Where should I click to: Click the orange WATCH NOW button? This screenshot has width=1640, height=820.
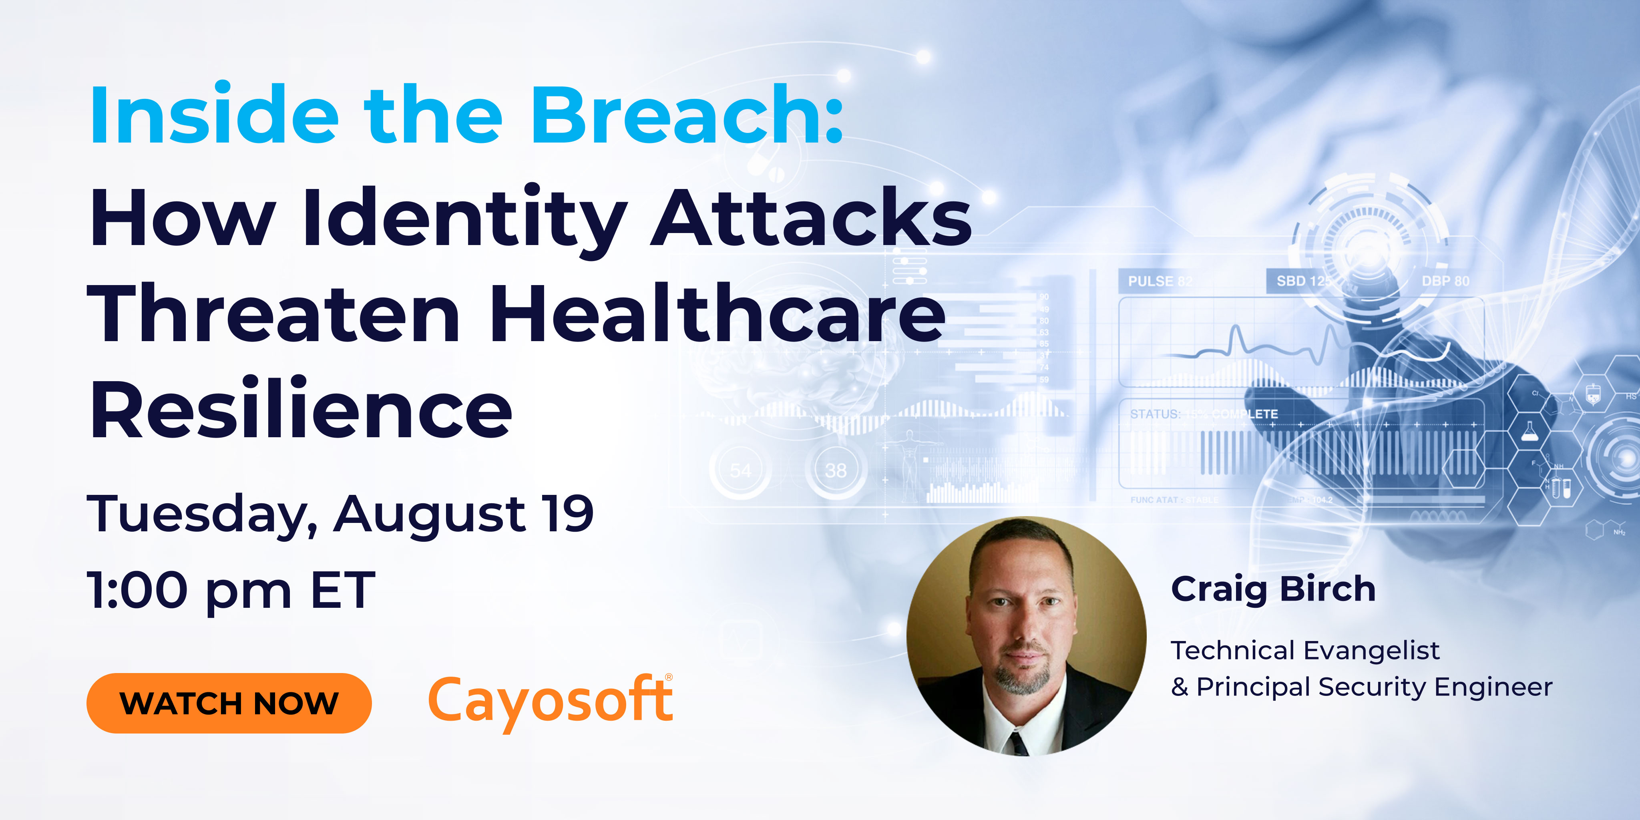[x=229, y=703]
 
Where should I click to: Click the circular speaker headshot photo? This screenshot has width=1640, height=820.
[x=1026, y=635]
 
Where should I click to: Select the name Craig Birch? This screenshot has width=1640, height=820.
[x=1273, y=589]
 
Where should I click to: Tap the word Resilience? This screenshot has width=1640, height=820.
[x=301, y=409]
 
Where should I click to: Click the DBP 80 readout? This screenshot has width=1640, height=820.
[x=1445, y=281]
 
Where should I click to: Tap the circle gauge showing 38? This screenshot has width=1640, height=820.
[x=835, y=470]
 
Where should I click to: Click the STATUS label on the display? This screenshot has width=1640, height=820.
[x=1154, y=414]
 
